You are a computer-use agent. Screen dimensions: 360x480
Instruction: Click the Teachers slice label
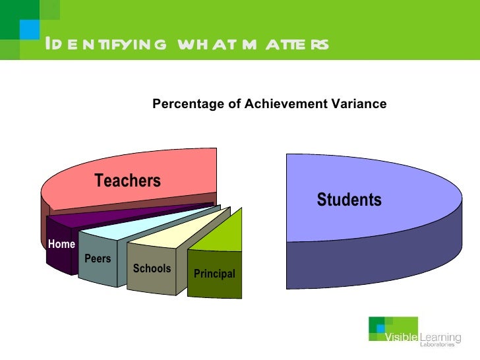(x=127, y=181)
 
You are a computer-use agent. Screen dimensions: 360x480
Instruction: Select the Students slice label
(x=349, y=200)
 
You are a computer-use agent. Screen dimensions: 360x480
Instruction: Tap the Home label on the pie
(x=61, y=244)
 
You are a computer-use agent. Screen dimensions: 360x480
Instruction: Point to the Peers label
(x=98, y=259)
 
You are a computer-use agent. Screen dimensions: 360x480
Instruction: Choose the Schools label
(x=152, y=268)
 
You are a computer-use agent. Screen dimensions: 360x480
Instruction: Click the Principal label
(x=214, y=274)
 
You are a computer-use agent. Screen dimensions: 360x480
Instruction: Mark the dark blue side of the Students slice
(x=369, y=264)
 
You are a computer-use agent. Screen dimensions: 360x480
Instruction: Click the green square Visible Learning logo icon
(x=379, y=328)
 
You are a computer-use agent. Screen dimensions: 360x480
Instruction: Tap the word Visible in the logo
(x=402, y=338)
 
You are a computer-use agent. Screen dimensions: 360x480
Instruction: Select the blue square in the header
(x=29, y=28)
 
